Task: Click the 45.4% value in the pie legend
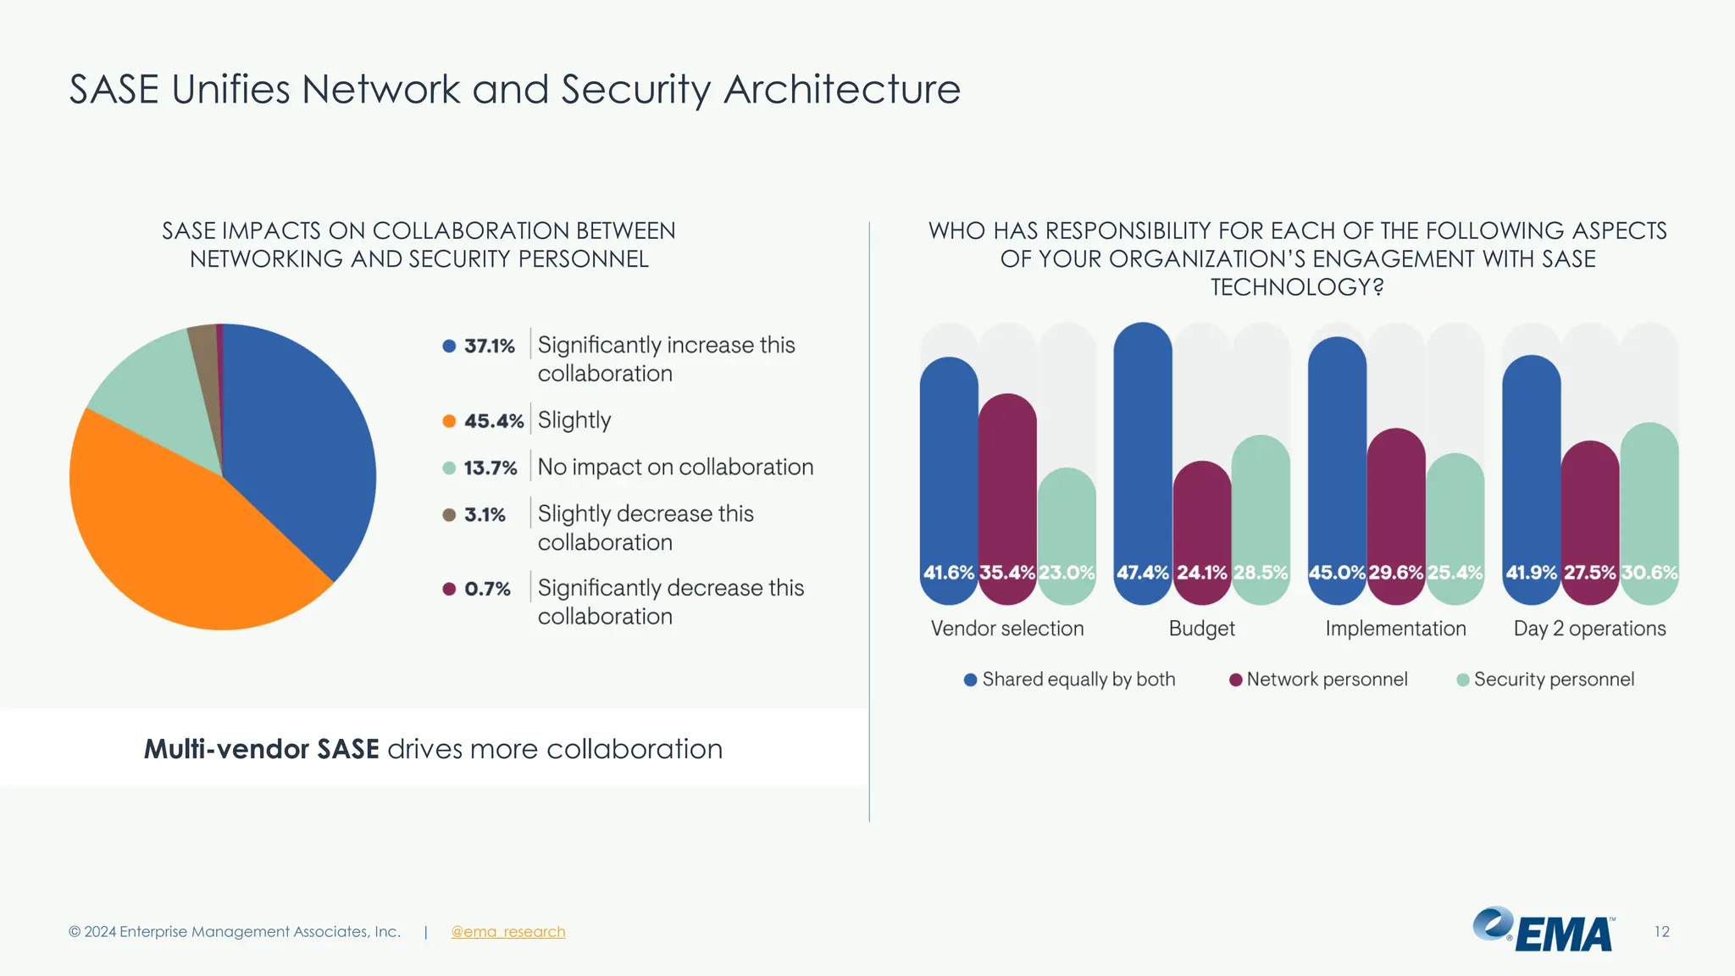click(x=494, y=421)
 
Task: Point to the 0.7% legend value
click(x=487, y=589)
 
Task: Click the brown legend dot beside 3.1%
click(x=449, y=515)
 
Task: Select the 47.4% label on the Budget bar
click(x=1142, y=573)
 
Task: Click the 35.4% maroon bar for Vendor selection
click(x=1007, y=491)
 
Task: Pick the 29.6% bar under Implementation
click(x=1396, y=508)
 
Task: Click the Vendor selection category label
click(x=1007, y=629)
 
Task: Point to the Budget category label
click(x=1201, y=629)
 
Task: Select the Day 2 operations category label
click(x=1589, y=629)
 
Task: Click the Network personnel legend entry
click(x=1318, y=679)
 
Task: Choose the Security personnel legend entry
click(x=1545, y=679)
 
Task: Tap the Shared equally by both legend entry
click(x=1070, y=679)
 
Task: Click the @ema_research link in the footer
click(x=507, y=932)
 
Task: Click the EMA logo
click(x=1544, y=930)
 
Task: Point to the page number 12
click(x=1661, y=932)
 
